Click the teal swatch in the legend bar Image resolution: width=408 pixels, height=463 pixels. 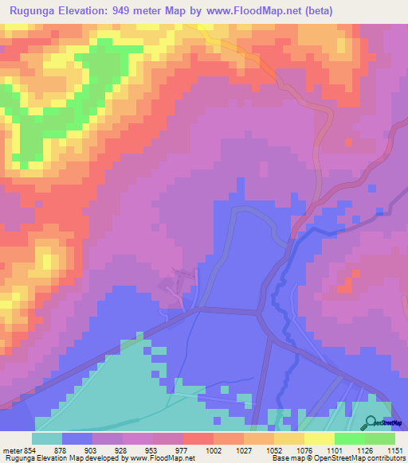46,438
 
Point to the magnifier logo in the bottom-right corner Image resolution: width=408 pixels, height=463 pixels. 372,423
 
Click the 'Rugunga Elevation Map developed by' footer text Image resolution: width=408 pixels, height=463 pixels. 50,458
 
